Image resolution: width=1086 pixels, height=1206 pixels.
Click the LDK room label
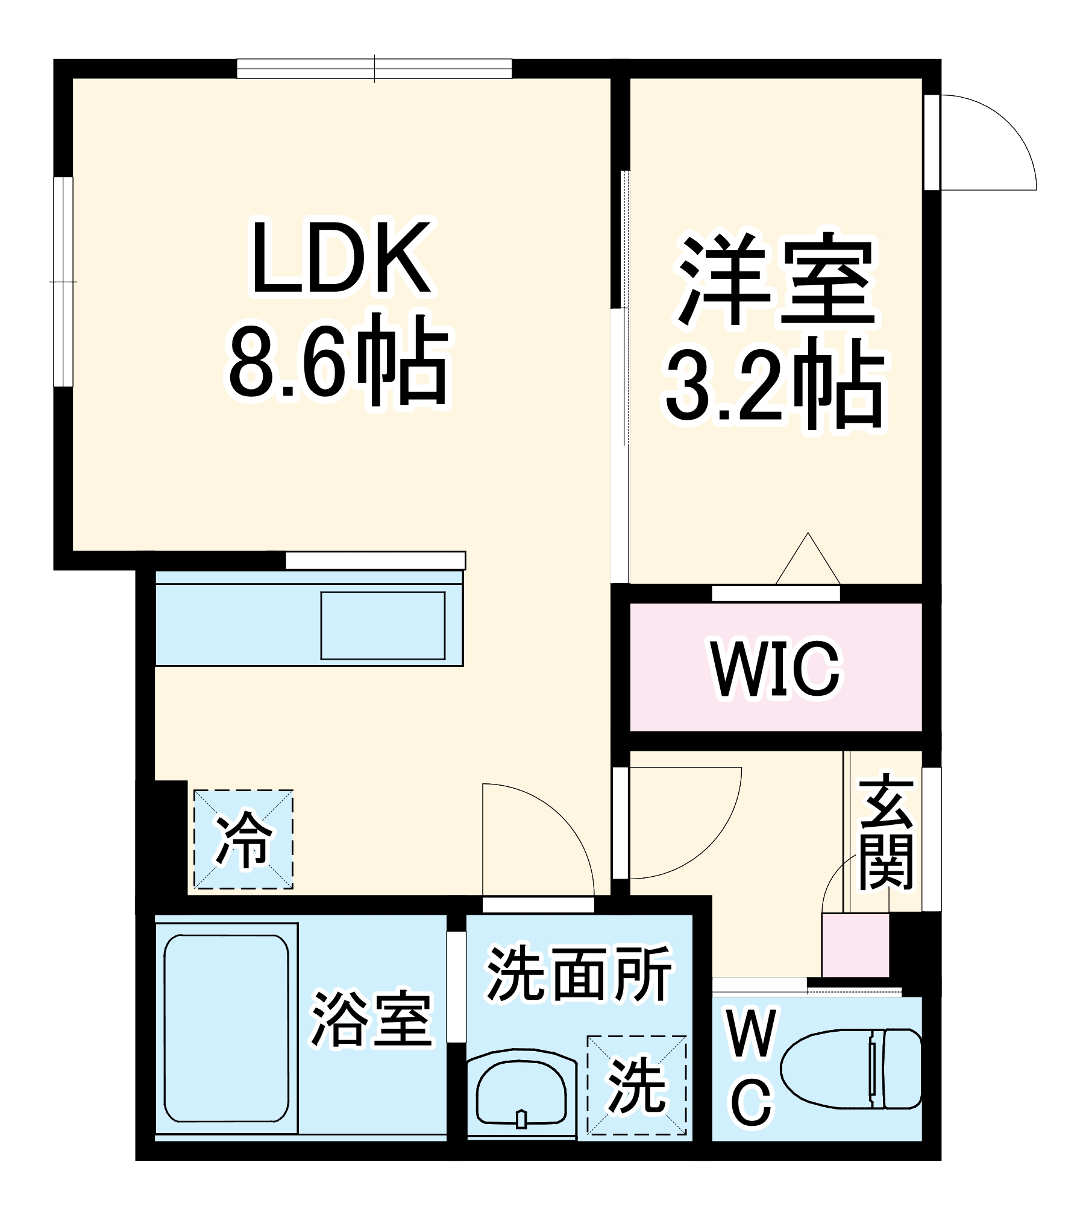point(341,258)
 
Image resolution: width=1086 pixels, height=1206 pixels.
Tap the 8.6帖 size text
point(339,361)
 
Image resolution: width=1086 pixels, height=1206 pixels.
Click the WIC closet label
point(776,668)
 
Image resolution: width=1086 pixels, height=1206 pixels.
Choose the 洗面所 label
point(579,974)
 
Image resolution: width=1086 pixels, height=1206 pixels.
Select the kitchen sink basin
point(383,625)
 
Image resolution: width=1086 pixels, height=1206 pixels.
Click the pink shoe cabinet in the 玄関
point(855,945)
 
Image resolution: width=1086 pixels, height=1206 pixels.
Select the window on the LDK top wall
point(374,69)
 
